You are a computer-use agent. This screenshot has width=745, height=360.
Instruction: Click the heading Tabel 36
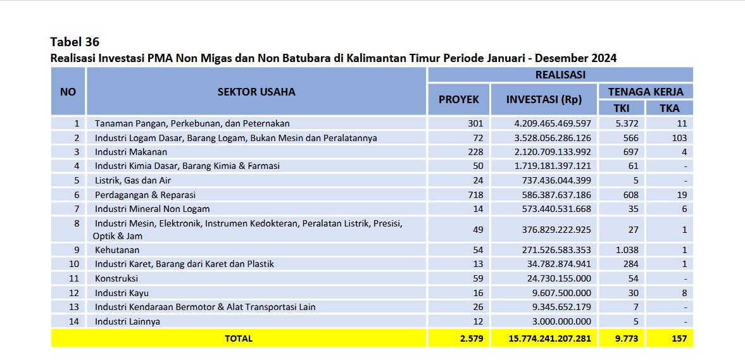pyautogui.click(x=75, y=42)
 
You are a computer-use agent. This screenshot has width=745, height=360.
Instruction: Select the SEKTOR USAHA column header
pyautogui.click(x=256, y=92)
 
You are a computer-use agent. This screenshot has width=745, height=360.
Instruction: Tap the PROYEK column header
pyautogui.click(x=458, y=100)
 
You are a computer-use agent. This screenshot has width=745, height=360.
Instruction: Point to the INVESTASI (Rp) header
pyautogui.click(x=544, y=100)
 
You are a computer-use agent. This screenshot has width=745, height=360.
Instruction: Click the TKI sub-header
pyautogui.click(x=622, y=108)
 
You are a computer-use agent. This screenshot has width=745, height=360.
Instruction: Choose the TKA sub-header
pyautogui.click(x=669, y=108)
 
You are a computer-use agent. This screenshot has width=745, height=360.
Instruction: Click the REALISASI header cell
pyautogui.click(x=560, y=75)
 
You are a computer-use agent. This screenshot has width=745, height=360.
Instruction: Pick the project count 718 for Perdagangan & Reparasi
pyautogui.click(x=475, y=195)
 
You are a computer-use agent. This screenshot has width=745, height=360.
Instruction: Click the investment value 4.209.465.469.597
pyautogui.click(x=553, y=123)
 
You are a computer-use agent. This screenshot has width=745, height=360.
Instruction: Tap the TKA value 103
pyautogui.click(x=679, y=138)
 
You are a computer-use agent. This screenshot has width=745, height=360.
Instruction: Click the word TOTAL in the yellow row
pyautogui.click(x=239, y=338)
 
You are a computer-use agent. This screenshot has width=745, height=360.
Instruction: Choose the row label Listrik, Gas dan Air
pyautogui.click(x=133, y=180)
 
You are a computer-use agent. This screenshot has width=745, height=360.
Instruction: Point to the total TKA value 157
pyautogui.click(x=679, y=338)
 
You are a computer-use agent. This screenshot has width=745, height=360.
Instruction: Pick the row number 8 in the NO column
pyautogui.click(x=77, y=223)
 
